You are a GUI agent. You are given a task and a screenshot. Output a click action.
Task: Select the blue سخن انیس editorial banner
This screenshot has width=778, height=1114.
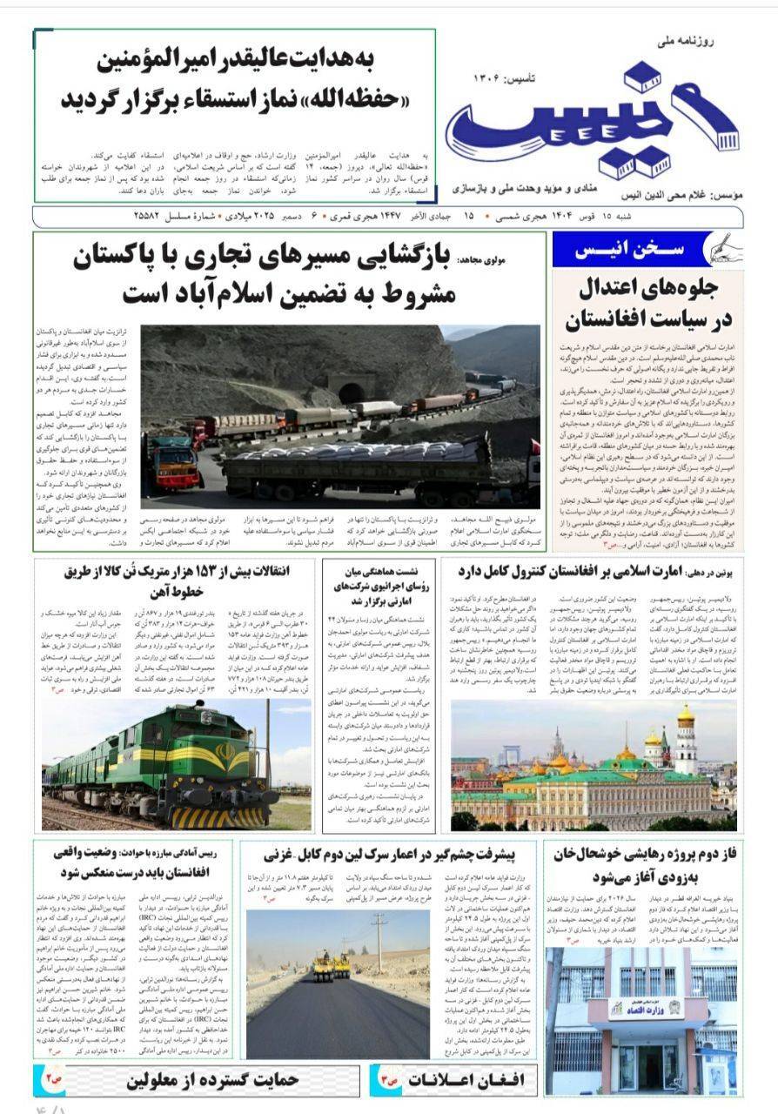(x=634, y=249)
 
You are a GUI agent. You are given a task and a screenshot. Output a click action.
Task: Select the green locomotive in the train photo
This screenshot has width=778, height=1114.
(x=165, y=766)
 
